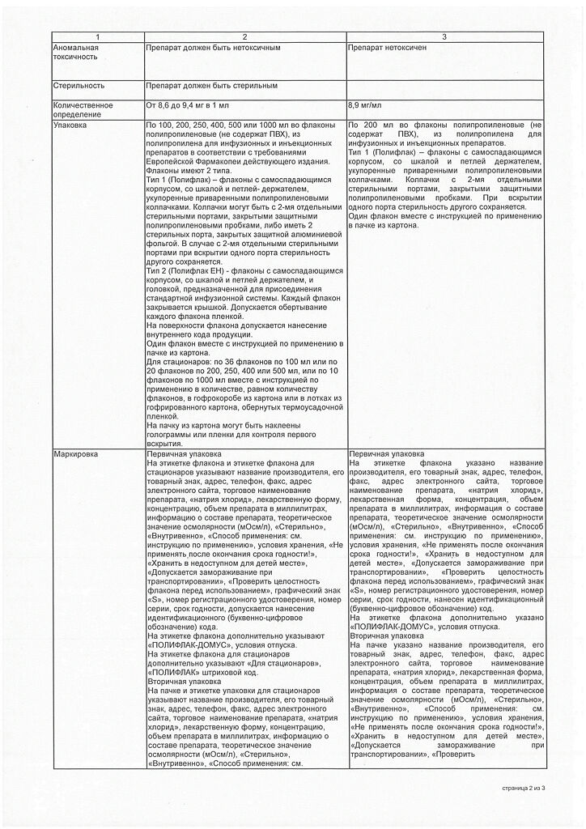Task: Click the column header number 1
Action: click(97, 38)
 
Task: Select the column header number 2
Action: click(245, 38)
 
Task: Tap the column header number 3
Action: click(444, 38)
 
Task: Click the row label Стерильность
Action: click(79, 85)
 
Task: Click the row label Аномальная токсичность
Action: click(78, 53)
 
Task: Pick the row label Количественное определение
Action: click(82, 109)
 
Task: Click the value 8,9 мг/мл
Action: click(365, 105)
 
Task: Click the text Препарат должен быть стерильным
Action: click(212, 85)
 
